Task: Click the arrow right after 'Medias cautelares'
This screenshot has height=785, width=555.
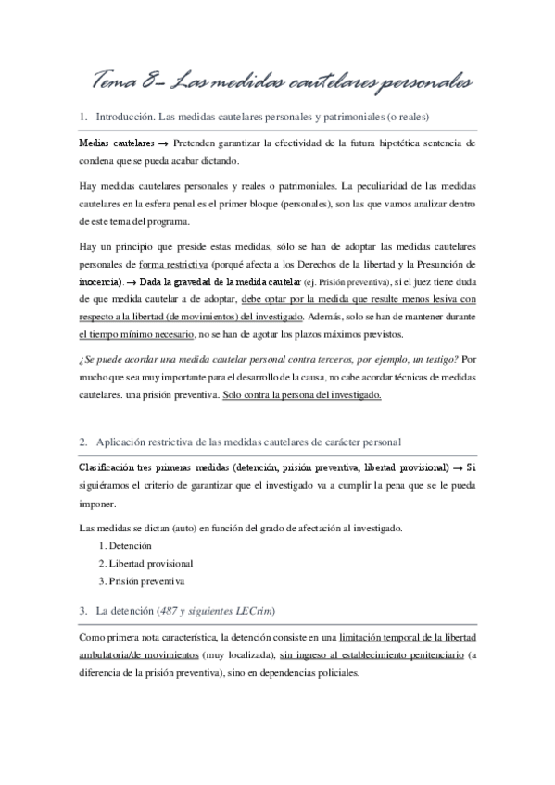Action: [162, 144]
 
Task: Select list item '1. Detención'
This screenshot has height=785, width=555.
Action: [125, 546]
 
